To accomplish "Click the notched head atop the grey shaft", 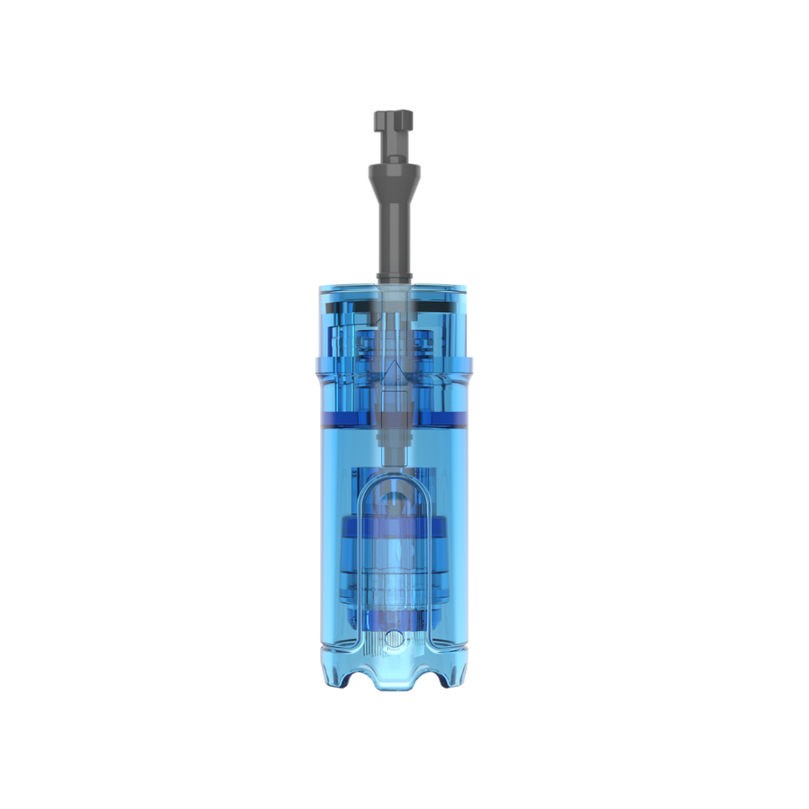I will [393, 120].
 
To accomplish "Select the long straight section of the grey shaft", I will [393, 229].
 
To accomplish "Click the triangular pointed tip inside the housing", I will [393, 371].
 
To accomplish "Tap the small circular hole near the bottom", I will [393, 639].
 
